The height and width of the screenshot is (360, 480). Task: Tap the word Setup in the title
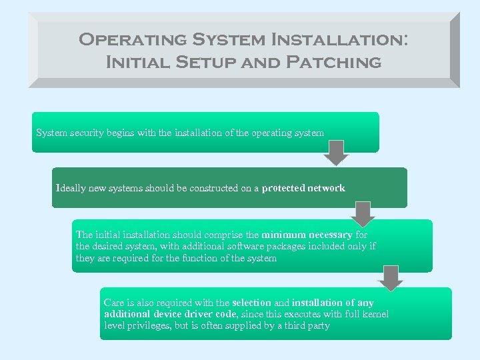pos(199,63)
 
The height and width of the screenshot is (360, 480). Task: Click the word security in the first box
pos(85,133)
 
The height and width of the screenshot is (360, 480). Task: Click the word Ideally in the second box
pos(71,188)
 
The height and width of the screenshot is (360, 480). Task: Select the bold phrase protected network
pos(303,188)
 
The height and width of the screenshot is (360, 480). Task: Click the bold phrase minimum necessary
pos(307,235)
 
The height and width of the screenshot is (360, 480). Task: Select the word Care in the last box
pos(113,303)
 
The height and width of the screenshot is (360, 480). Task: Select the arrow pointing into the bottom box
pos(391,277)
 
